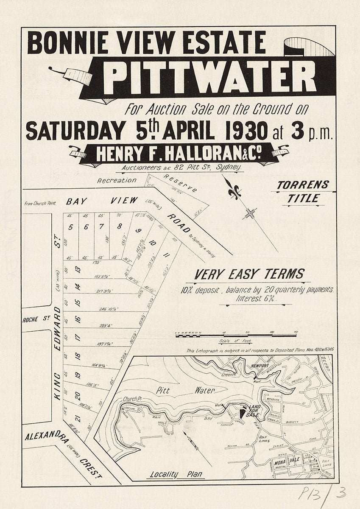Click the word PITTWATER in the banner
[210, 77]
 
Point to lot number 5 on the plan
[71, 227]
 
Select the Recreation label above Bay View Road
[117, 180]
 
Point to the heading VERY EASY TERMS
[249, 274]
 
